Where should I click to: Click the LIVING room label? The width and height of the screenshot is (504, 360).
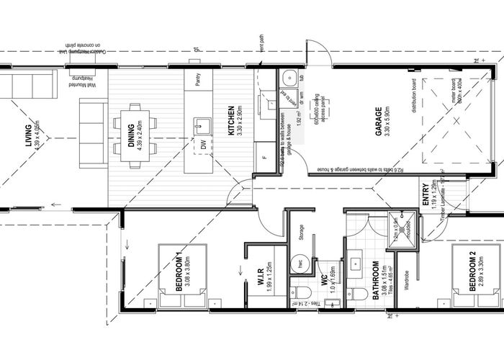tap(28, 135)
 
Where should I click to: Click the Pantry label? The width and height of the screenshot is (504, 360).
tap(197, 81)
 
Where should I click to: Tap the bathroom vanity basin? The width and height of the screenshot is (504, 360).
tap(356, 264)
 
